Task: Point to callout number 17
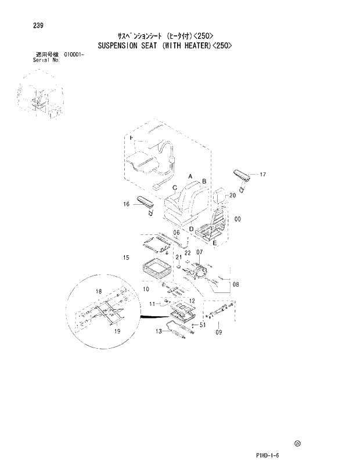coord(262,174)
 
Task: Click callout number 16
coord(126,204)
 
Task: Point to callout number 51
coord(203,325)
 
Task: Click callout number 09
coord(219,332)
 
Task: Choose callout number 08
coord(236,284)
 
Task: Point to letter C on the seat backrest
coord(174,187)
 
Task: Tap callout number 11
coord(153,303)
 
